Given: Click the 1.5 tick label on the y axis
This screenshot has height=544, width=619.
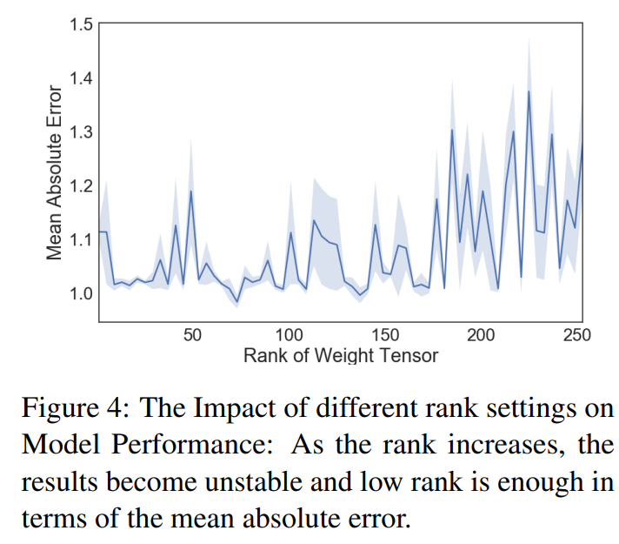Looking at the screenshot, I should pyautogui.click(x=81, y=24).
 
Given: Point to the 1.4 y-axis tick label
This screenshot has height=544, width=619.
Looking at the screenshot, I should pyautogui.click(x=81, y=78).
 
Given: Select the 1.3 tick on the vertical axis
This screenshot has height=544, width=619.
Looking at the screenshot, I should pyautogui.click(x=81, y=132).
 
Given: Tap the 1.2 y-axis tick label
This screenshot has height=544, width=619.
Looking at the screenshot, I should pyautogui.click(x=81, y=185).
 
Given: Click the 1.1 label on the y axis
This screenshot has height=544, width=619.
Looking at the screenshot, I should pyautogui.click(x=81, y=239).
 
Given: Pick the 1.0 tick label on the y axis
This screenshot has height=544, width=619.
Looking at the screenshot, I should pyautogui.click(x=81, y=293).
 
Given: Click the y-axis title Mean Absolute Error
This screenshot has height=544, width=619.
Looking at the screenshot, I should pyautogui.click(x=54, y=172).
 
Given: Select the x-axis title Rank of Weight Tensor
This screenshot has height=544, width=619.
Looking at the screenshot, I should pyautogui.click(x=341, y=356).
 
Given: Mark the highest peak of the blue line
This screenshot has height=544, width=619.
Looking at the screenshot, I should pyautogui.click(x=529, y=91).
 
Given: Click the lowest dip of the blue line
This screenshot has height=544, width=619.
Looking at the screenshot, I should pyautogui.click(x=237, y=302).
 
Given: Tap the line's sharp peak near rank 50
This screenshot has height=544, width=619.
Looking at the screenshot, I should pyautogui.click(x=190, y=191).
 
